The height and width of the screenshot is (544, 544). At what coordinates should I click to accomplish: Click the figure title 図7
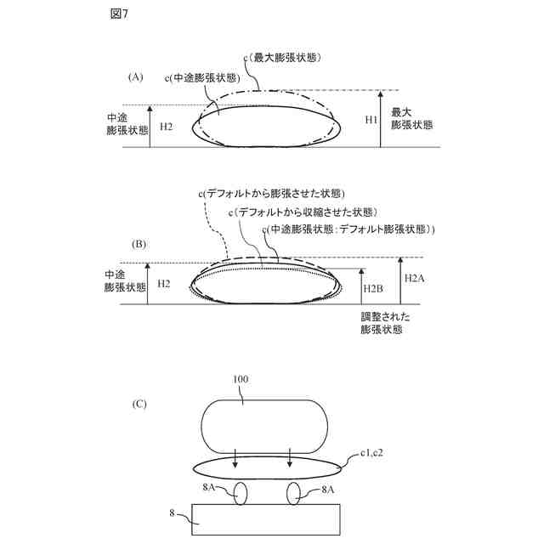click(x=118, y=14)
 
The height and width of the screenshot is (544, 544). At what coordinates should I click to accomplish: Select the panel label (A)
click(x=136, y=77)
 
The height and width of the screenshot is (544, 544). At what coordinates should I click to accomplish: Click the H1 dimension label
click(x=371, y=120)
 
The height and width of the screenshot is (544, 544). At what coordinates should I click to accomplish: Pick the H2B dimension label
click(x=373, y=290)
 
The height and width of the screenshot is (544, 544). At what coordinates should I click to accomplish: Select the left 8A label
click(x=210, y=488)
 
